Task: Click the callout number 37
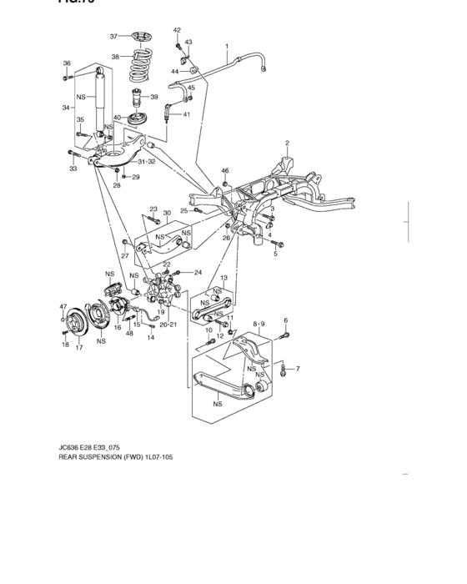point(114,36)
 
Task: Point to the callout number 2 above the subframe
point(287,143)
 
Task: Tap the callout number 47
point(63,307)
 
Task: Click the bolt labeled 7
point(284,368)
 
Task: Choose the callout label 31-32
point(147,161)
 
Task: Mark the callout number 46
point(224,171)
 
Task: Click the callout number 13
point(223,277)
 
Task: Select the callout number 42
point(177,30)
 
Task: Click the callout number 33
point(73,169)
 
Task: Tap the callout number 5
point(274,254)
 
